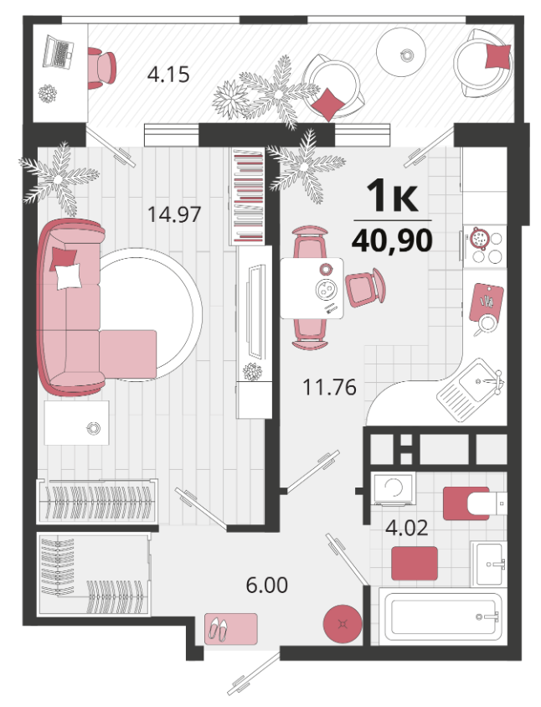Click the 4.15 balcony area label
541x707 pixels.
click(x=168, y=75)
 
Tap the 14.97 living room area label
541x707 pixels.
click(x=174, y=214)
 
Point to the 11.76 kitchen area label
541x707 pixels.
click(x=330, y=387)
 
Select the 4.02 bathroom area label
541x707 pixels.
click(x=407, y=528)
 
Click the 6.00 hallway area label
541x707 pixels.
click(x=267, y=586)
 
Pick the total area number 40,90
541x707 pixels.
click(x=392, y=241)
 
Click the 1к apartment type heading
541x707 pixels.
click(x=392, y=196)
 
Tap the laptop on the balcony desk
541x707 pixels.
click(x=58, y=52)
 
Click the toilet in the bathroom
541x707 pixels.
click(x=475, y=503)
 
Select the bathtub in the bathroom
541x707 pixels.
click(x=440, y=617)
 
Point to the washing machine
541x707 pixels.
click(x=393, y=488)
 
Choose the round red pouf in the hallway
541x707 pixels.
click(x=343, y=624)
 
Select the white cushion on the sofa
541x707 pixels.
click(x=69, y=276)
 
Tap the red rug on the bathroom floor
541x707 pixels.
click(x=415, y=563)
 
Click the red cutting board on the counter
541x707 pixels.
click(x=486, y=302)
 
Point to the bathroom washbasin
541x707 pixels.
click(x=488, y=563)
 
